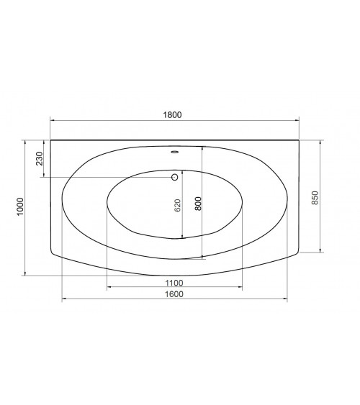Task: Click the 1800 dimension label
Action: [x=172, y=114]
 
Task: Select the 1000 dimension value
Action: [x=20, y=206]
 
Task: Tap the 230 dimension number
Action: [x=40, y=158]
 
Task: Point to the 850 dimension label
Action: [x=315, y=198]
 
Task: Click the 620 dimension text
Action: [x=178, y=205]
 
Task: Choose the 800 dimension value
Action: [x=198, y=204]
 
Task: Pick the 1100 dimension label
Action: [x=174, y=283]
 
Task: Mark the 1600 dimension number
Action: [x=174, y=294]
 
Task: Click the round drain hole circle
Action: [x=175, y=177]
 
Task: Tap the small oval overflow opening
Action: [x=175, y=152]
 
